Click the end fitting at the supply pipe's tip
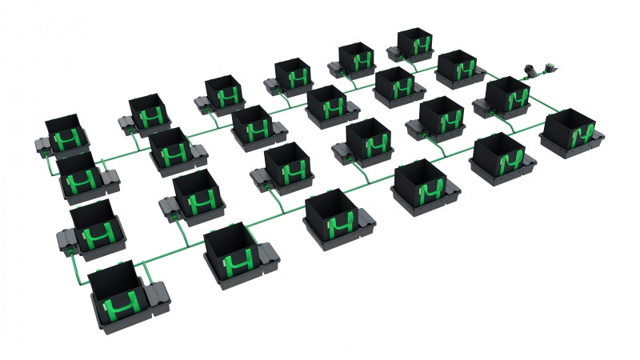click(551, 68)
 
